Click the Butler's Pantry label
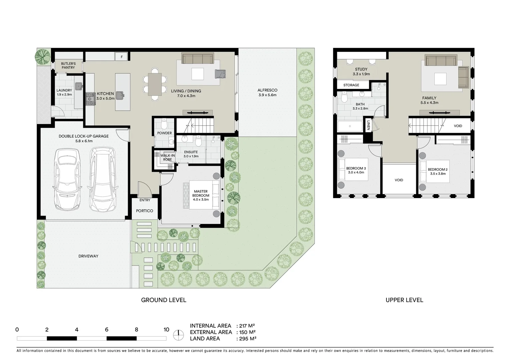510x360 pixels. pos(68,65)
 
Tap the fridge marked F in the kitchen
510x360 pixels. pos(121,57)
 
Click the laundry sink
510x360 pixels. pos(79,86)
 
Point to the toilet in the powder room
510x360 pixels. pos(164,124)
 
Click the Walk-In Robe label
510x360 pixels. pos(167,158)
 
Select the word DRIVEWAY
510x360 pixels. pos(88,256)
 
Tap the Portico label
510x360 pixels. pos(144,211)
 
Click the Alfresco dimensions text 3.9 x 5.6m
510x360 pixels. pos(267,95)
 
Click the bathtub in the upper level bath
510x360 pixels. pos(350,127)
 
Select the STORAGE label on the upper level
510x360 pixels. pos(351,85)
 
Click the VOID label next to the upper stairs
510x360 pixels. pos(458,126)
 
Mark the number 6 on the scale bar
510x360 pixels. pos(107,330)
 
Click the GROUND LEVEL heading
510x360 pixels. pos(163,300)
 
